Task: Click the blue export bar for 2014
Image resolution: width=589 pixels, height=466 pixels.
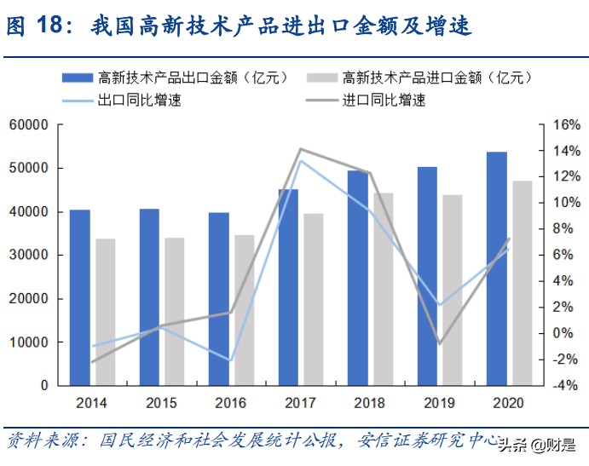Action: pyautogui.click(x=79, y=297)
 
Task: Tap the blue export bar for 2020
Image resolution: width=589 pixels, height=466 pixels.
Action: pyautogui.click(x=497, y=268)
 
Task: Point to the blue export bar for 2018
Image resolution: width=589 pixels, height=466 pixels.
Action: pyautogui.click(x=358, y=278)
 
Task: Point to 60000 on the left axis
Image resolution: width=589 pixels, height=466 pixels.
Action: pyautogui.click(x=28, y=125)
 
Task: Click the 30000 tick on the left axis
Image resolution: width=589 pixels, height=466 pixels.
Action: pyautogui.click(x=28, y=256)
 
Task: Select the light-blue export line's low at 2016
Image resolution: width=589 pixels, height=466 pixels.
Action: pyautogui.click(x=230, y=360)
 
